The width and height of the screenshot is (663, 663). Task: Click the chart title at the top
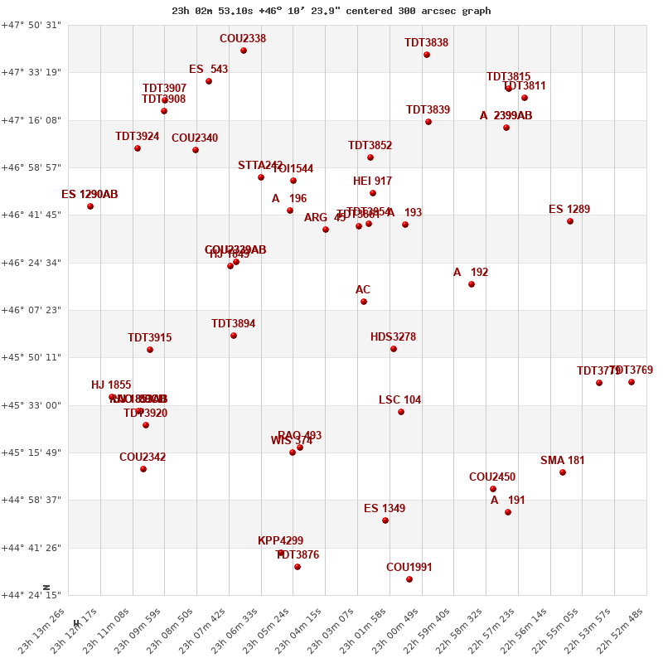331,11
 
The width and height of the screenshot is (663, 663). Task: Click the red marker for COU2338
244,51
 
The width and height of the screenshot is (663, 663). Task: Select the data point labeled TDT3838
427,55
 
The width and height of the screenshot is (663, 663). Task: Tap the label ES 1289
569,210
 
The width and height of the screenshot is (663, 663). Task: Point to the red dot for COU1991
409,579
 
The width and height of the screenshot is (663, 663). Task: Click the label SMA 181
563,461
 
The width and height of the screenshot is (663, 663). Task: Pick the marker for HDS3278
394,349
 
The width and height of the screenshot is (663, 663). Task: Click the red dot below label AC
364,302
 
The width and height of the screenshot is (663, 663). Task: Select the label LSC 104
400,400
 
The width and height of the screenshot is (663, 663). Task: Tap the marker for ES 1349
385,520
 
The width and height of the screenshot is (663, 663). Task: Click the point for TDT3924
138,148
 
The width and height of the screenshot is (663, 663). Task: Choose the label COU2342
143,457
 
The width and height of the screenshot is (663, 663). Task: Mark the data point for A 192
472,284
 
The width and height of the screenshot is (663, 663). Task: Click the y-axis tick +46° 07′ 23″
32,310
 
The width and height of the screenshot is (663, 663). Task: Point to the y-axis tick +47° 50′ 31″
32,25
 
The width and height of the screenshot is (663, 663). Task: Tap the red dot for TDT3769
632,382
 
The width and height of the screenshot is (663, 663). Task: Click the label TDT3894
234,324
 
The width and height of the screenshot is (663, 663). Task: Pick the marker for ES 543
209,81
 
